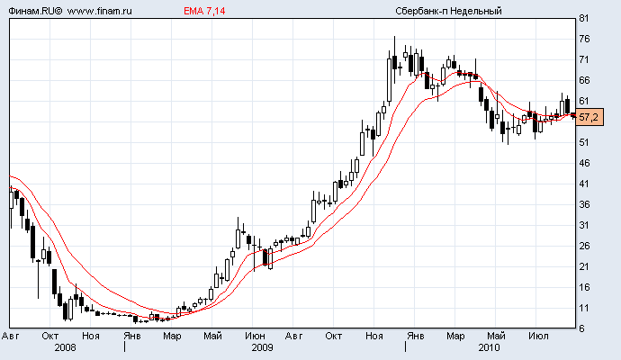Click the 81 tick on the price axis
point(584,19)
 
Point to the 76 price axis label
point(584,40)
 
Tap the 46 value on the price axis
point(584,164)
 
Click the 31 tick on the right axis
point(584,226)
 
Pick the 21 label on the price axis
point(584,267)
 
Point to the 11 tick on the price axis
point(584,309)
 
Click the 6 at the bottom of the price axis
point(582,329)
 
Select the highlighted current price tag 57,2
point(589,118)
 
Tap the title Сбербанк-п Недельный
point(447,10)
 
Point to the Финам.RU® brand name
point(32,10)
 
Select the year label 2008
point(66,346)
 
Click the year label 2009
point(262,346)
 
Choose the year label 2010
point(489,346)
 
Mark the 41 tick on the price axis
point(584,184)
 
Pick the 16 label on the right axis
point(584,288)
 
